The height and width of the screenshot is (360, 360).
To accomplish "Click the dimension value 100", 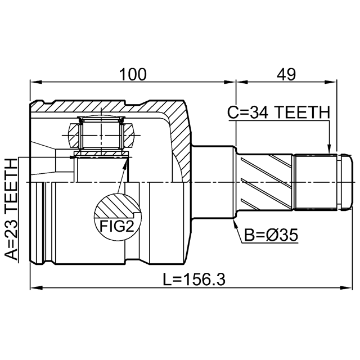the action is (133, 74).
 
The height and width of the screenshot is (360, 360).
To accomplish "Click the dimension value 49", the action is (286, 74).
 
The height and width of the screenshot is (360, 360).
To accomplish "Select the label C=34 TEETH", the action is (279, 112).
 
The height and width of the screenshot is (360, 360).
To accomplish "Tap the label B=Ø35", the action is (271, 235).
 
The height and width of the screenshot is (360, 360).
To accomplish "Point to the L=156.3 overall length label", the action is (194, 279).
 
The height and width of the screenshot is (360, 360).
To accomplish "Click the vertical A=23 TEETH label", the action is (11, 210).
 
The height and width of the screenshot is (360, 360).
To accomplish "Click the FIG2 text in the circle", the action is (116, 226).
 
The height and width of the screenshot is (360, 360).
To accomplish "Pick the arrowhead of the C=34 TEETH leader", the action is (329, 149).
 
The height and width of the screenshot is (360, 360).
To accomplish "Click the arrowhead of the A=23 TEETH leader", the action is (73, 157).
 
